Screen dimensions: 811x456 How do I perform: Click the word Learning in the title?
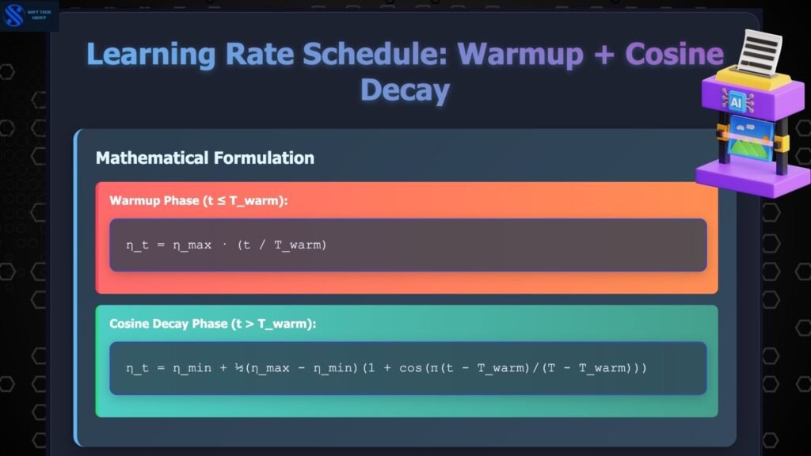(151, 55)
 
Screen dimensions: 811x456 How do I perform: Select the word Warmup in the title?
(520, 55)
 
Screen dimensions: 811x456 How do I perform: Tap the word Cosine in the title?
(675, 54)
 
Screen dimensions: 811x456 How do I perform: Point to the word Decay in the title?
(405, 91)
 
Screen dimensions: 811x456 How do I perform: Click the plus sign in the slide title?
(604, 55)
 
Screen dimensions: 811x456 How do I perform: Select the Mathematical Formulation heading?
(205, 158)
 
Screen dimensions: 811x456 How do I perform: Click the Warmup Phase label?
(198, 200)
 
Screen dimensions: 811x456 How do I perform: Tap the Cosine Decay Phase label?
(212, 324)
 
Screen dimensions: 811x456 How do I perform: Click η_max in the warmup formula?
(192, 245)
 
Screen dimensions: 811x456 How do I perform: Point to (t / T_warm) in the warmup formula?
(282, 245)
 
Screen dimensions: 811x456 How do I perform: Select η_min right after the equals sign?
(192, 368)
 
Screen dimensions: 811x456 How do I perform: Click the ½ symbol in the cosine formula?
(239, 367)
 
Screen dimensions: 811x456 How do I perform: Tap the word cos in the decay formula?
(410, 368)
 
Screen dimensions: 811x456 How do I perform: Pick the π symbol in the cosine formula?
(433, 369)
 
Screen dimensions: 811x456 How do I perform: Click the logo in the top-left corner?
(14, 15)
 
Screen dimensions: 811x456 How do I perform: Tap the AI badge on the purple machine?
(736, 102)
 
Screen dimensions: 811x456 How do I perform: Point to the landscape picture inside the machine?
(751, 139)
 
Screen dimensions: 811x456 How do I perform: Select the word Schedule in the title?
(375, 54)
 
